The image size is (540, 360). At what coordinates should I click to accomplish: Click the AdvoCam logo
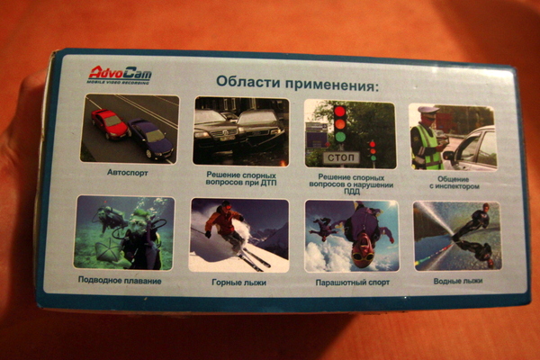tap(120, 74)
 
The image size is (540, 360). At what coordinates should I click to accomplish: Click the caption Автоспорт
tap(128, 171)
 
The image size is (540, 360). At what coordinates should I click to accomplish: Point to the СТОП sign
tap(341, 157)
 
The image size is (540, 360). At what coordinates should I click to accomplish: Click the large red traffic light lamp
tap(339, 112)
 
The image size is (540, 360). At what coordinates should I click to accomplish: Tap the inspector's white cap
tap(428, 110)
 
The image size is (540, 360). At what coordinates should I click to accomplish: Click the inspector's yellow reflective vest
tap(427, 146)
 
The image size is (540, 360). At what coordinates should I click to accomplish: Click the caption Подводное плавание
tap(120, 281)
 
